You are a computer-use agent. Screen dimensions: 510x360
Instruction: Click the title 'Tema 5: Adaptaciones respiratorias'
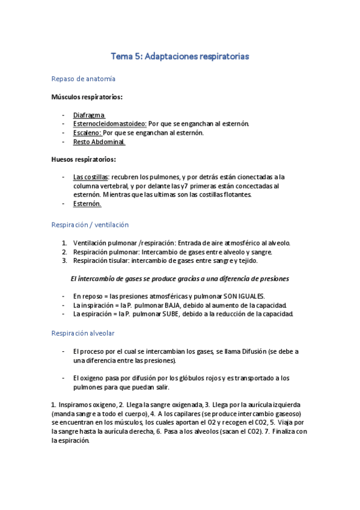point(180,56)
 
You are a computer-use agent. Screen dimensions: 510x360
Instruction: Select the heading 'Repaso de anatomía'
point(84,79)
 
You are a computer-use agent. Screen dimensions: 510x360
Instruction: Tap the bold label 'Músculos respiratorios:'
point(87,97)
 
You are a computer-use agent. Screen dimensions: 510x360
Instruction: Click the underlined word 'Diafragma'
point(89,115)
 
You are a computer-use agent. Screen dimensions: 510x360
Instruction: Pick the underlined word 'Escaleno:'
point(88,133)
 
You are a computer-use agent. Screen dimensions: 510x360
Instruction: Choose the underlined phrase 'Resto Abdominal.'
point(99,142)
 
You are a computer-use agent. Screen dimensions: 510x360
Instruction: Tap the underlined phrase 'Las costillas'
point(91,177)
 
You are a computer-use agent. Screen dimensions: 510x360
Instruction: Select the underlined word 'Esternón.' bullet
point(87,204)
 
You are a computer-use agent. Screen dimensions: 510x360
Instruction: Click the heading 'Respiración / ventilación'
point(90,224)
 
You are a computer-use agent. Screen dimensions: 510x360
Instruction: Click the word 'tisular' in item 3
point(117,261)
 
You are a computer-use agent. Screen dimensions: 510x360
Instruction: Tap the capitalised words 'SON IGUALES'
point(243,296)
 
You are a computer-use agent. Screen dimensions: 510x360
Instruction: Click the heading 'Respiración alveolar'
point(83,333)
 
